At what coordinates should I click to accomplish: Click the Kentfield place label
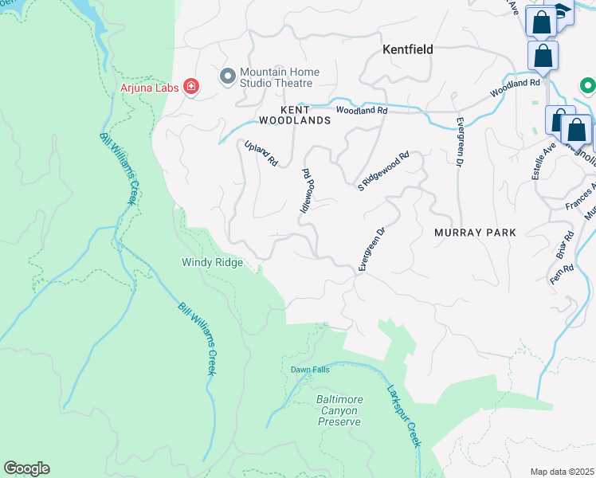point(407,49)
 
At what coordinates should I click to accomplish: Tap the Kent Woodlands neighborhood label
point(294,115)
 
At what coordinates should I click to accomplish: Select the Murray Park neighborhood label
point(475,233)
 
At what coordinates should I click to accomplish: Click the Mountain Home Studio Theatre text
point(280,77)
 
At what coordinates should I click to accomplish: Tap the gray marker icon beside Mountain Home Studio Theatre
point(227,76)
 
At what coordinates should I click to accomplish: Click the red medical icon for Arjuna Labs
point(191,86)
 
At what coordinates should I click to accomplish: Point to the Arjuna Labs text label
point(149,86)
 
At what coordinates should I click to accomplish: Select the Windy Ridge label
point(211,261)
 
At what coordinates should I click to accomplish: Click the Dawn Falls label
point(310,369)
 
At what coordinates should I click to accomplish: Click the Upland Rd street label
point(261,153)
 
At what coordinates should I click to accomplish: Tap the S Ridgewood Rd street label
point(383,171)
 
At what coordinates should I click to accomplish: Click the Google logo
point(26,468)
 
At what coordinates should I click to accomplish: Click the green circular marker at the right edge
point(588,85)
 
